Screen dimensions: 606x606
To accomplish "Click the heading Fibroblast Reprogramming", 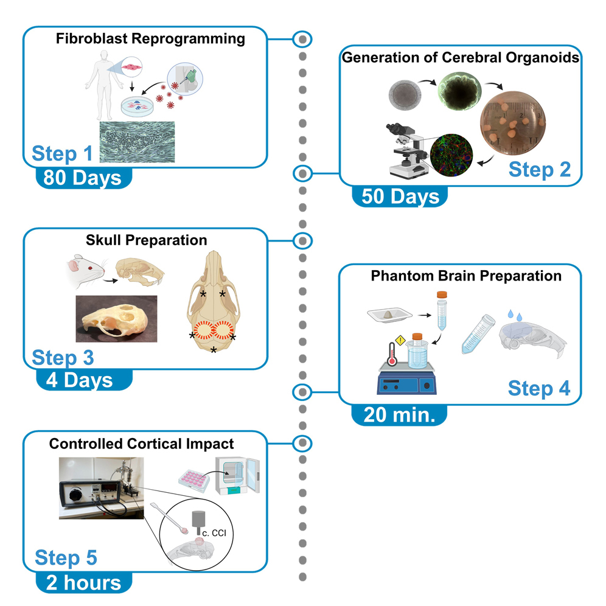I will click(x=150, y=40).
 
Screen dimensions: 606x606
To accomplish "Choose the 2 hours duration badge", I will click(x=83, y=582).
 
